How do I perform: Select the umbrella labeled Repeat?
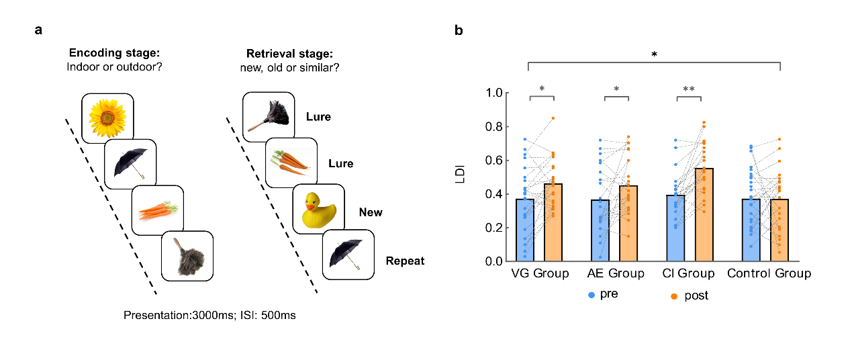(348, 254)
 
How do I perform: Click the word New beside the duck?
(371, 212)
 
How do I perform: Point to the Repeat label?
(405, 261)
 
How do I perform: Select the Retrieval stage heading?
(289, 54)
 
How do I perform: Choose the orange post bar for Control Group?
(779, 230)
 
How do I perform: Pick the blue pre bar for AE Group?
(600, 230)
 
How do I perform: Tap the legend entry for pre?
(604, 294)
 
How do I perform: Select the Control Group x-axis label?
(769, 273)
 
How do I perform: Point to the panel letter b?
(459, 30)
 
